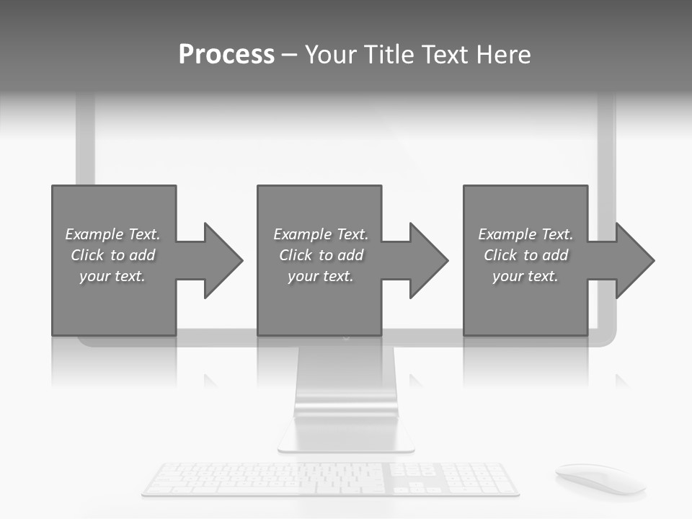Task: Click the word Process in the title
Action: [x=226, y=55]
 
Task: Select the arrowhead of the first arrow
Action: [x=223, y=260]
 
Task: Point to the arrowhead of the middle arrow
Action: [x=428, y=260]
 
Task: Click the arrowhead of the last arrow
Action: [x=634, y=260]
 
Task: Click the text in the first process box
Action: [x=112, y=255]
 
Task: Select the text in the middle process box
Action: [x=321, y=255]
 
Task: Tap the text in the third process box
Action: [x=525, y=255]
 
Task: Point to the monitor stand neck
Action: [x=346, y=382]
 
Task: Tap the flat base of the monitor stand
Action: [x=346, y=436]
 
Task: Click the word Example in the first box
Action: [x=94, y=234]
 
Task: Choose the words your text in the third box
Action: [x=525, y=276]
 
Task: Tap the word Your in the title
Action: [x=329, y=55]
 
